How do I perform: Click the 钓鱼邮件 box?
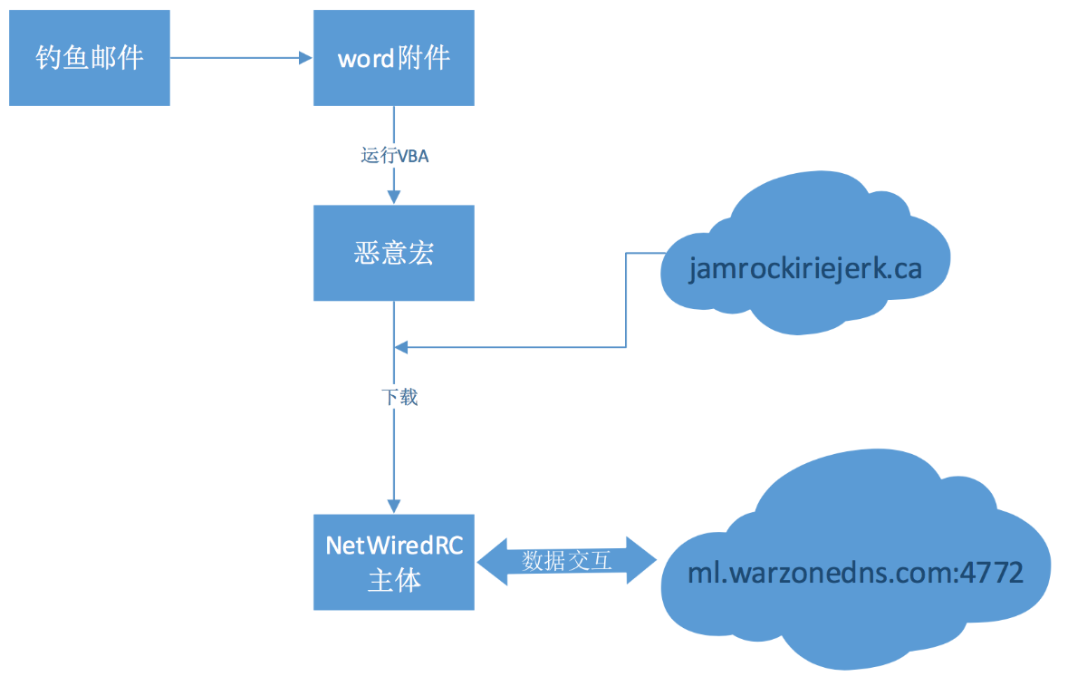(90, 58)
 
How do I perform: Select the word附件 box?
(394, 58)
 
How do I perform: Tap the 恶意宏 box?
(394, 253)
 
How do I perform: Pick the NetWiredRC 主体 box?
(394, 562)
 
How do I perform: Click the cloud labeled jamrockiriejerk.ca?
(804, 269)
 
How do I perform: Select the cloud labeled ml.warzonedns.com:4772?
(855, 573)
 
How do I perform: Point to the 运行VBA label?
(394, 156)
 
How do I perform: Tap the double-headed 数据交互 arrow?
(567, 561)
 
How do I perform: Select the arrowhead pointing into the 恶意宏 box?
(394, 198)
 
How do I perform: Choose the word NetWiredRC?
(394, 546)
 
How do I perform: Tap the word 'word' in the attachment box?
(366, 59)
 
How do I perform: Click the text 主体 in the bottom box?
(394, 581)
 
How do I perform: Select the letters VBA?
(414, 156)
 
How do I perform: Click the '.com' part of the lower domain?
(922, 574)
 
